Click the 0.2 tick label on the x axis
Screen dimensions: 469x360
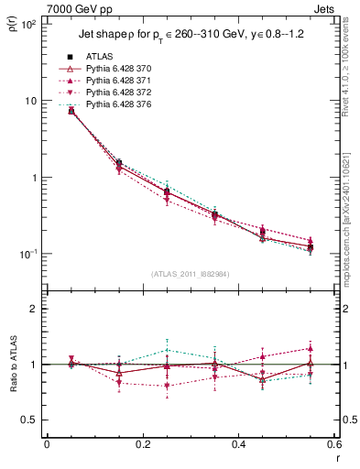[x=142, y=444]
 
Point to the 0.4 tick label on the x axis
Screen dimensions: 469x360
[x=238, y=444]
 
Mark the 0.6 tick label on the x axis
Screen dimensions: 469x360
[x=333, y=444]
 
